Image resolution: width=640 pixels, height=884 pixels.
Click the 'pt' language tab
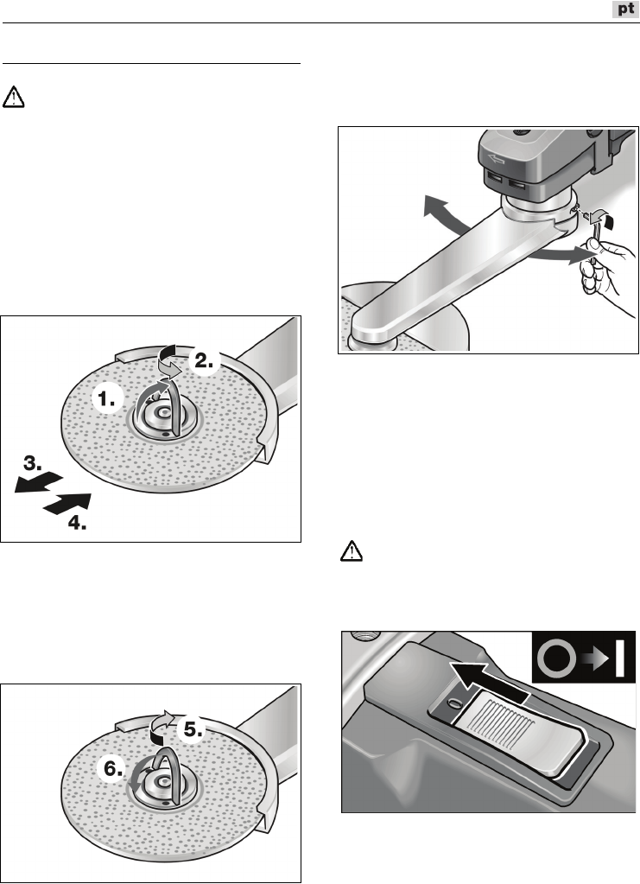click(625, 9)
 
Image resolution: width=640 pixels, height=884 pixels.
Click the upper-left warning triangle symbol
click(14, 97)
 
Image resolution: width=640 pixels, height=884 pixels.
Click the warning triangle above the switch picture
click(352, 551)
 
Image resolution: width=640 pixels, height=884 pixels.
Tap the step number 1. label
click(106, 400)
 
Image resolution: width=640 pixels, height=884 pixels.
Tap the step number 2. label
click(204, 360)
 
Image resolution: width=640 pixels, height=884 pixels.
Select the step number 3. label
click(33, 464)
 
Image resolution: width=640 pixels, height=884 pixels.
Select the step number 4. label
click(77, 523)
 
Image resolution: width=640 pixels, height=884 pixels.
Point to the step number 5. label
click(193, 729)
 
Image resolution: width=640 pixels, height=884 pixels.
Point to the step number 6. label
click(113, 768)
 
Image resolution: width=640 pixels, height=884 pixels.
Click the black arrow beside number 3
click(38, 483)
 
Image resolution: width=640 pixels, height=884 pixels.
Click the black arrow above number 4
click(67, 503)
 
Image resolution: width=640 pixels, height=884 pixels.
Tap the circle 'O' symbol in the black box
click(556, 658)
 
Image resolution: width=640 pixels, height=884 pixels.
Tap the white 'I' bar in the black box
click(620, 658)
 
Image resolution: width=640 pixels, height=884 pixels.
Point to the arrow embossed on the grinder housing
click(497, 160)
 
